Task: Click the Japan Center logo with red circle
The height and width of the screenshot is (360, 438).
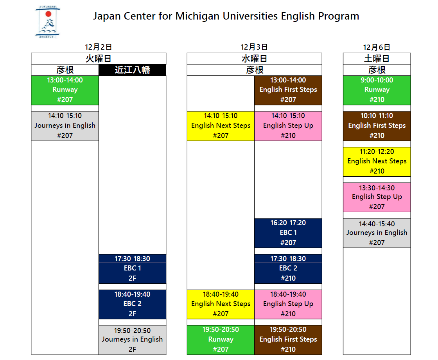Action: pyautogui.click(x=48, y=22)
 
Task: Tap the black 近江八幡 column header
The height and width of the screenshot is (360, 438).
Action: pyautogui.click(x=133, y=70)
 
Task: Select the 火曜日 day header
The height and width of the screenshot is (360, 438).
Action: pyautogui.click(x=99, y=59)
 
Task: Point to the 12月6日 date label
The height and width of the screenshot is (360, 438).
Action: pyautogui.click(x=377, y=47)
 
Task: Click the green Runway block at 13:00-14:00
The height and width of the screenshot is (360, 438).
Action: pyautogui.click(x=65, y=90)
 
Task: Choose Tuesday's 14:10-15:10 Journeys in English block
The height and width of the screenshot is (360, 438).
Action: pyautogui.click(x=65, y=126)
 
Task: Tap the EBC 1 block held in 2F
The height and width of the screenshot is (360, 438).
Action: pyautogui.click(x=133, y=269)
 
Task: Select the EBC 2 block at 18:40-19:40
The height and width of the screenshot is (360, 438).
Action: pyautogui.click(x=133, y=304)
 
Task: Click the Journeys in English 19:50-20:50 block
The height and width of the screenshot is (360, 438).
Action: pyautogui.click(x=133, y=340)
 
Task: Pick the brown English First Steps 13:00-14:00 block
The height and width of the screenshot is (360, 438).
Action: pyautogui.click(x=288, y=90)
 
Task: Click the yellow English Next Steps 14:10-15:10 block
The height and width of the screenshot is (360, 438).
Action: pyautogui.click(x=221, y=126)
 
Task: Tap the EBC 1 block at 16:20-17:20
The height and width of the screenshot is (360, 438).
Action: pyautogui.click(x=288, y=233)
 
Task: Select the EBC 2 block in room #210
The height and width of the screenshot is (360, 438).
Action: pyautogui.click(x=288, y=269)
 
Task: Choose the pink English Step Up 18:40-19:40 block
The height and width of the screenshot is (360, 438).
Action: pyautogui.click(x=288, y=304)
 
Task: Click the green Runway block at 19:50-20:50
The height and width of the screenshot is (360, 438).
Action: pyautogui.click(x=221, y=340)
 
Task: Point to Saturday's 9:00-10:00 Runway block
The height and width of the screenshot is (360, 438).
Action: pyautogui.click(x=377, y=90)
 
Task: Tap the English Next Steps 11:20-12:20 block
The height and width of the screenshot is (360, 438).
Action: pyautogui.click(x=377, y=162)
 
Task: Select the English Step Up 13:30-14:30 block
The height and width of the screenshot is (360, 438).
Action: pyautogui.click(x=377, y=197)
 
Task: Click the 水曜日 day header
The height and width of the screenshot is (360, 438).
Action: pyautogui.click(x=255, y=59)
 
